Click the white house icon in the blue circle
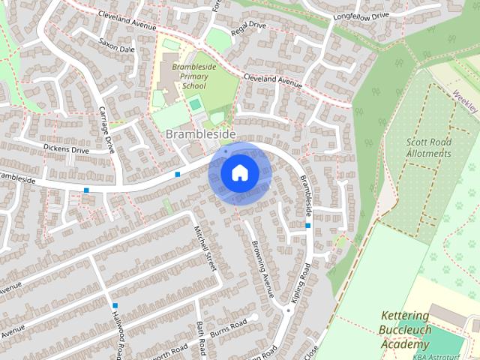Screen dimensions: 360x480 239,172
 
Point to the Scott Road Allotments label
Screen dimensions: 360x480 429,147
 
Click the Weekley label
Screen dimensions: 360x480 466,97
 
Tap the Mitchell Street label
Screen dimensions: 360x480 205,249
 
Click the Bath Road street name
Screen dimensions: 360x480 201,338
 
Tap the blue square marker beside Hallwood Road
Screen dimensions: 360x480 115,305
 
